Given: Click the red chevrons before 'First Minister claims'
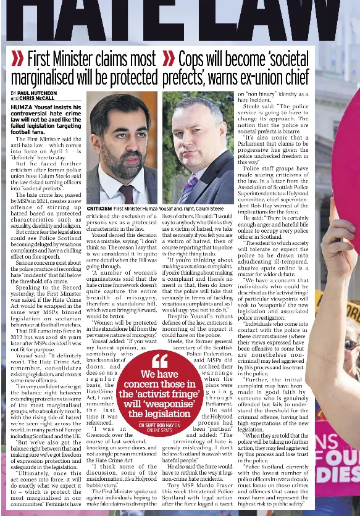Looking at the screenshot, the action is tap(16, 60).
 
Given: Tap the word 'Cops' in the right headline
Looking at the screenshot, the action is tap(193, 60).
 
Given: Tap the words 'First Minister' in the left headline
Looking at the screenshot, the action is tap(67, 60).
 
